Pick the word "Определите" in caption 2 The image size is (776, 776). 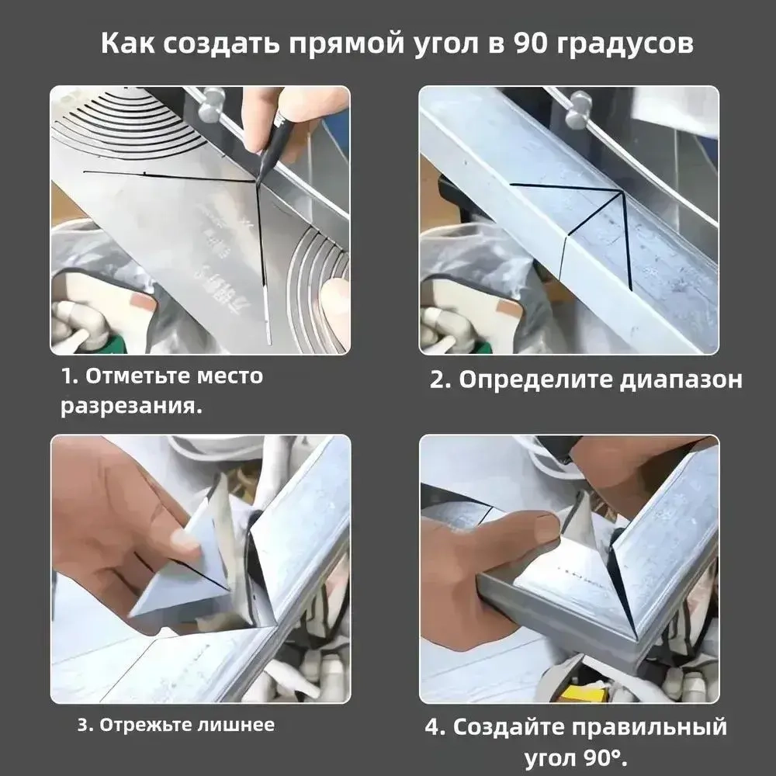point(534,380)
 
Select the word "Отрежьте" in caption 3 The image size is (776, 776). point(137,726)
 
